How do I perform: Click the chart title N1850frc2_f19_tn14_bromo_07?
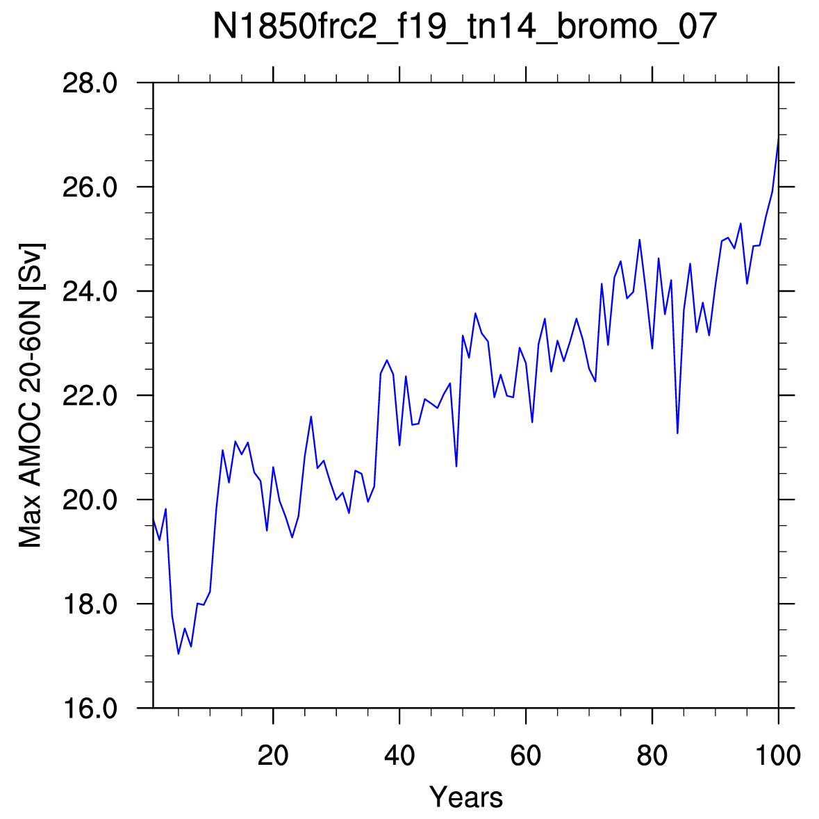coord(465,26)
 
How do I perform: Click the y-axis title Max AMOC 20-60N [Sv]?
coord(31,395)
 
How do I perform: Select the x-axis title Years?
coord(466,797)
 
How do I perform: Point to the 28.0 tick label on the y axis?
coord(90,83)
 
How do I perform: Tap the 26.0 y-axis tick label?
coord(90,187)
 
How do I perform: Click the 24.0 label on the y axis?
coord(90,292)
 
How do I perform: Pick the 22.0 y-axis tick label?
coord(90,395)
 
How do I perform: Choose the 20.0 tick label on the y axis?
coord(90,500)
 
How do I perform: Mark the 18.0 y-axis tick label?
coord(90,604)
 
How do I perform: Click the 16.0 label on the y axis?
coord(90,709)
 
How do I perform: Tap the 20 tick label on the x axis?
coord(273,755)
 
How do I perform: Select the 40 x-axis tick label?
coord(399,755)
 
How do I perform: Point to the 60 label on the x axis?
coord(526,755)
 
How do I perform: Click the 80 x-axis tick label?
coord(652,755)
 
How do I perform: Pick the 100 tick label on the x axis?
coord(778,755)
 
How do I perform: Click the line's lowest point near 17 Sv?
coord(179,654)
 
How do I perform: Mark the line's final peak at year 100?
coord(778,138)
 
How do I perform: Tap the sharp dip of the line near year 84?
coord(677,433)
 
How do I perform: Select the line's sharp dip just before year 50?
coord(456,466)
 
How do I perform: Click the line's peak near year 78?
coord(639,240)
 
